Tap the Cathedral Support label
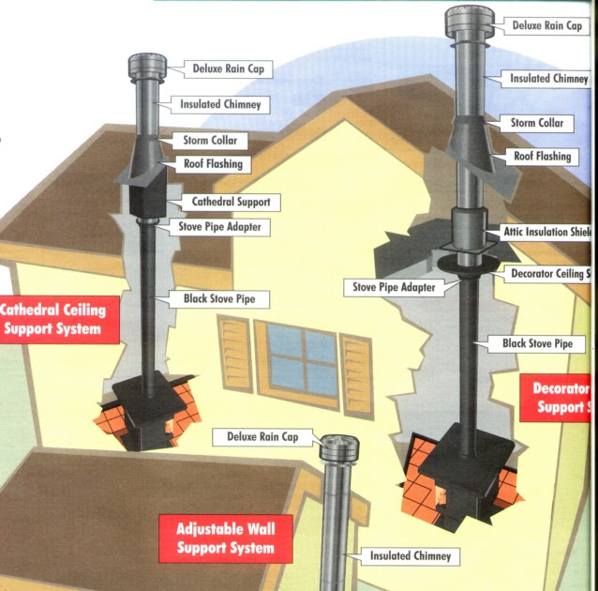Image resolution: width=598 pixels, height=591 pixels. coord(231,202)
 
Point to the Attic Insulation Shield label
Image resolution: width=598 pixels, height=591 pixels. coord(544,232)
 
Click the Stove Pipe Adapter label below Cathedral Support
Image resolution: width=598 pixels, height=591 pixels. coord(220,226)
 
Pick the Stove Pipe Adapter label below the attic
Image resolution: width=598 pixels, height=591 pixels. coord(394,287)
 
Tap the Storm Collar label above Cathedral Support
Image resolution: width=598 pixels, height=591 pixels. coord(216,142)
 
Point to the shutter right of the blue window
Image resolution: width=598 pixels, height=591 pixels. coord(356,363)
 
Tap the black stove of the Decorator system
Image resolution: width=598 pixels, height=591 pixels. coord(463,469)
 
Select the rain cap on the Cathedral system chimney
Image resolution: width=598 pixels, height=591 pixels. coord(147,70)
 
